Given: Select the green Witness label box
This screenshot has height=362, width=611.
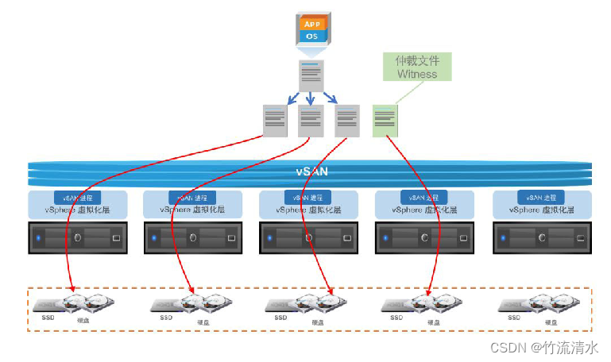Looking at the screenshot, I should pos(417,67).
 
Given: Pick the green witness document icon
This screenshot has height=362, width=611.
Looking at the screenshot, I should pos(385,121).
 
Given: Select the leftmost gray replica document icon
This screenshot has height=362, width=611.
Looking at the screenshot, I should pos(275,121).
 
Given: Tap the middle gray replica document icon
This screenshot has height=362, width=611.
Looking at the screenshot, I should pos(311,121).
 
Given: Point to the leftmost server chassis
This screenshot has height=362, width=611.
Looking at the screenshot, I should pos(77,237).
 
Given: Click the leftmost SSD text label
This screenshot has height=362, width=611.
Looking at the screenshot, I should pos(48,317).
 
